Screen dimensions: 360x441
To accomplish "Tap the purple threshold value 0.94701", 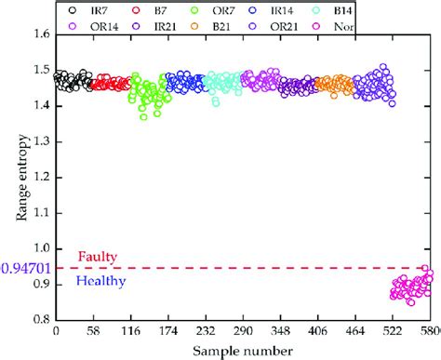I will coord(23,269).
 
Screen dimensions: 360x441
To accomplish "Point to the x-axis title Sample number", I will coord(245,352).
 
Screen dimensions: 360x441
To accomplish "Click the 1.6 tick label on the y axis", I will coord(42,34).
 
